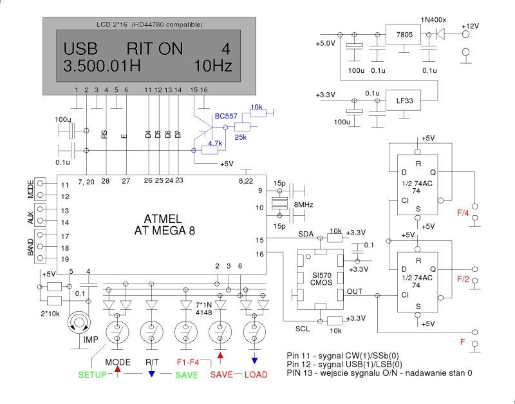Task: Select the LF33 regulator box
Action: click(x=406, y=101)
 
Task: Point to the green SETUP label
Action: click(x=92, y=375)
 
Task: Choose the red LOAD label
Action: click(x=255, y=375)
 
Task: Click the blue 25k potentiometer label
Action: click(x=242, y=138)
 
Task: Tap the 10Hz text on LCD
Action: click(x=212, y=66)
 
